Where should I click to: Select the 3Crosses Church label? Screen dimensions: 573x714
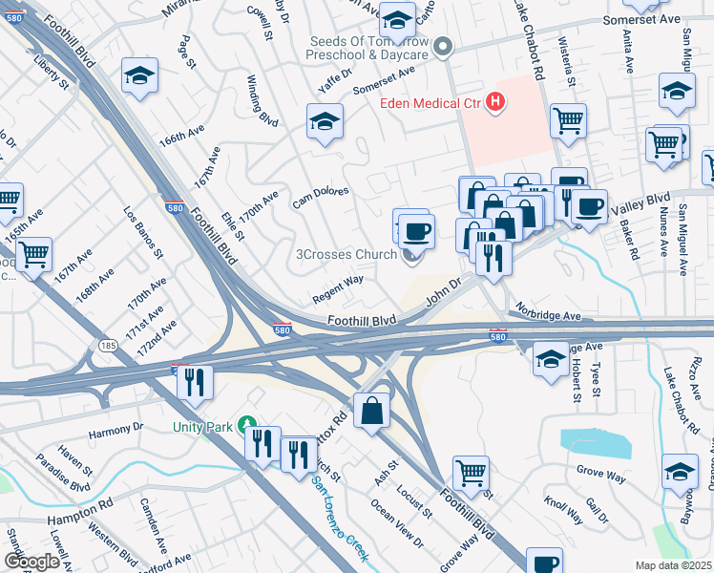(x=346, y=255)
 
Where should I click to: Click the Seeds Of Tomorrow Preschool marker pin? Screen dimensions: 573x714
(x=442, y=45)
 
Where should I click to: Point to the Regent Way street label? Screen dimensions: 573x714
(x=338, y=288)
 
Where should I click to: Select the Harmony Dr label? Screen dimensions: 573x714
(x=115, y=429)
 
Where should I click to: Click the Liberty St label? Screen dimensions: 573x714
(x=51, y=75)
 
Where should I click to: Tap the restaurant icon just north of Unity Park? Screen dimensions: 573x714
(x=194, y=381)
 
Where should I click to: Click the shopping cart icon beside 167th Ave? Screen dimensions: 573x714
(x=33, y=255)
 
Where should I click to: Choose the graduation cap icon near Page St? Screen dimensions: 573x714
(x=139, y=75)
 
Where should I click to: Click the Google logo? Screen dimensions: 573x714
(x=31, y=562)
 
